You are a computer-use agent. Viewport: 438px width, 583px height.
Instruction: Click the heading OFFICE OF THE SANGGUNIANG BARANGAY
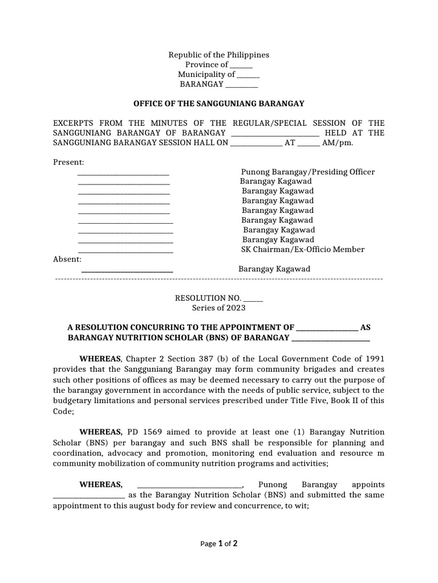pyautogui.click(x=219, y=104)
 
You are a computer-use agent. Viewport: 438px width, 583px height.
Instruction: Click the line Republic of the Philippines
pyautogui.click(x=218, y=55)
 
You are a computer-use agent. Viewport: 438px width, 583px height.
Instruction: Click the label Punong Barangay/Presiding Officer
pyautogui.click(x=308, y=172)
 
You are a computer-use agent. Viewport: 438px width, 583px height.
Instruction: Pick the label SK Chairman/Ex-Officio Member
pyautogui.click(x=303, y=249)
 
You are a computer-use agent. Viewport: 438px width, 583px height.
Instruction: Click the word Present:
pyautogui.click(x=68, y=162)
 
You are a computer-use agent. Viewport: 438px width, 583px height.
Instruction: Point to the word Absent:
pyautogui.click(x=67, y=259)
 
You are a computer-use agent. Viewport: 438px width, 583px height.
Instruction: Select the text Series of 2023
pyautogui.click(x=218, y=308)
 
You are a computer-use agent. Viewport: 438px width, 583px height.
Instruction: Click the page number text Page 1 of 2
pyautogui.click(x=219, y=544)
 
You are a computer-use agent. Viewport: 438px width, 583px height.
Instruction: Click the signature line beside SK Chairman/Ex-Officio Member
pyautogui.click(x=125, y=251)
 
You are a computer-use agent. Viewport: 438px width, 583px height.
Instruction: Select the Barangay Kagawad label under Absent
pyautogui.click(x=274, y=269)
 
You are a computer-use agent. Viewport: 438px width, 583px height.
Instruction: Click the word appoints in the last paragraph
pyautogui.click(x=368, y=485)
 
